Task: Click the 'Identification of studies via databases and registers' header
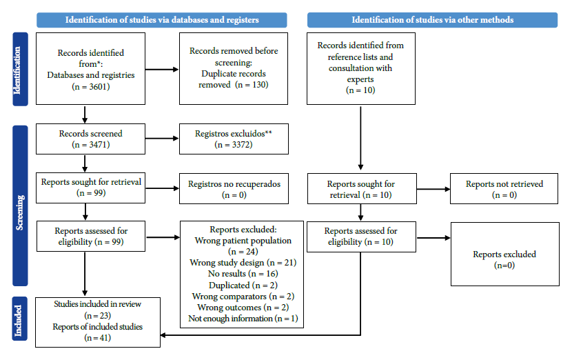161,20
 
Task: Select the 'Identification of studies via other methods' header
432,20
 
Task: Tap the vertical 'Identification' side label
20,69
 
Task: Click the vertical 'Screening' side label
20,206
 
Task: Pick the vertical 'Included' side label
20,319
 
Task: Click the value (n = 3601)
91,86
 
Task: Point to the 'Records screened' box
90,139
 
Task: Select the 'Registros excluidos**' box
234,139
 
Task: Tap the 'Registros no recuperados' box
234,189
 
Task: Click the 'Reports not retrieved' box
504,189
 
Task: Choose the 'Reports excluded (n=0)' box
505,254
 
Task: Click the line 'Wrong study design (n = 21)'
243,263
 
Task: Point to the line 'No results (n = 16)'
243,274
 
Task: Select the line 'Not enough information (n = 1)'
243,319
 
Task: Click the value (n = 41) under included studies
97,338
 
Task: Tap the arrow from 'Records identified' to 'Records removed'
162,70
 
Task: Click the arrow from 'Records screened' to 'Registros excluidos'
162,139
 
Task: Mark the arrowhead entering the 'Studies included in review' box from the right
163,334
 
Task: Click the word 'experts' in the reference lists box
360,79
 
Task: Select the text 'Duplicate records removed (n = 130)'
234,79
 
